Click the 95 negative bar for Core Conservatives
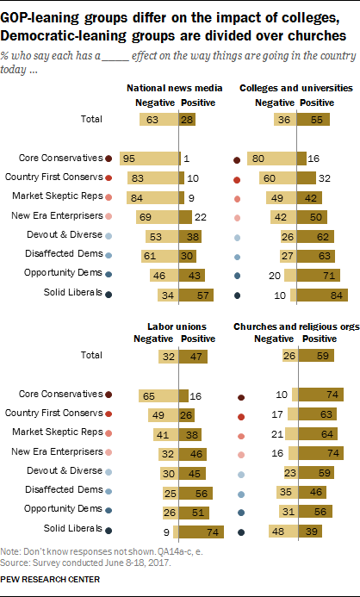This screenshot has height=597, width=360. pyautogui.click(x=149, y=159)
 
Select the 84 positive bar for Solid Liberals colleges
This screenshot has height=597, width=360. pyautogui.click(x=322, y=295)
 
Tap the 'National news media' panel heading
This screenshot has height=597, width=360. pyautogui.click(x=175, y=89)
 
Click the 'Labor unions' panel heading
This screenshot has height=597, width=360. pyautogui.click(x=177, y=326)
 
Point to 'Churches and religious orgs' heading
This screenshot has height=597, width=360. pyautogui.click(x=296, y=326)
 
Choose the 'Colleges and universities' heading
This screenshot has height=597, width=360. pyautogui.click(x=296, y=89)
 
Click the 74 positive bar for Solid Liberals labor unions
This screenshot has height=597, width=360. pyautogui.click(x=202, y=532)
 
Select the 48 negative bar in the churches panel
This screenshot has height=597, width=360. pyautogui.click(x=283, y=532)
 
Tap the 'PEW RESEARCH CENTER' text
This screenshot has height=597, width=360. pyautogui.click(x=50, y=580)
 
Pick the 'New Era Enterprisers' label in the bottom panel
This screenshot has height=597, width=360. pyautogui.click(x=57, y=451)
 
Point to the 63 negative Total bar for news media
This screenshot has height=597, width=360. pyautogui.click(x=159, y=120)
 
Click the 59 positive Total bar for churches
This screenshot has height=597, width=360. pyautogui.click(x=316, y=356)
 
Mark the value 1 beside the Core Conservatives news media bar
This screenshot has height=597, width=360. pyautogui.click(x=187, y=159)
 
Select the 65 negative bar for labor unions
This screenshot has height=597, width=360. pyautogui.click(x=158, y=396)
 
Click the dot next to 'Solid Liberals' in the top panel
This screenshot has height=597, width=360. pyautogui.click(x=109, y=295)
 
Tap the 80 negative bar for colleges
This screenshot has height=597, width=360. pyautogui.click(x=271, y=159)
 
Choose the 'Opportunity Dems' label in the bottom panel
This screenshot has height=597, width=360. pyautogui.click(x=63, y=508)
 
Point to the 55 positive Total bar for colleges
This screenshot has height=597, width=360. pyautogui.click(x=313, y=120)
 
